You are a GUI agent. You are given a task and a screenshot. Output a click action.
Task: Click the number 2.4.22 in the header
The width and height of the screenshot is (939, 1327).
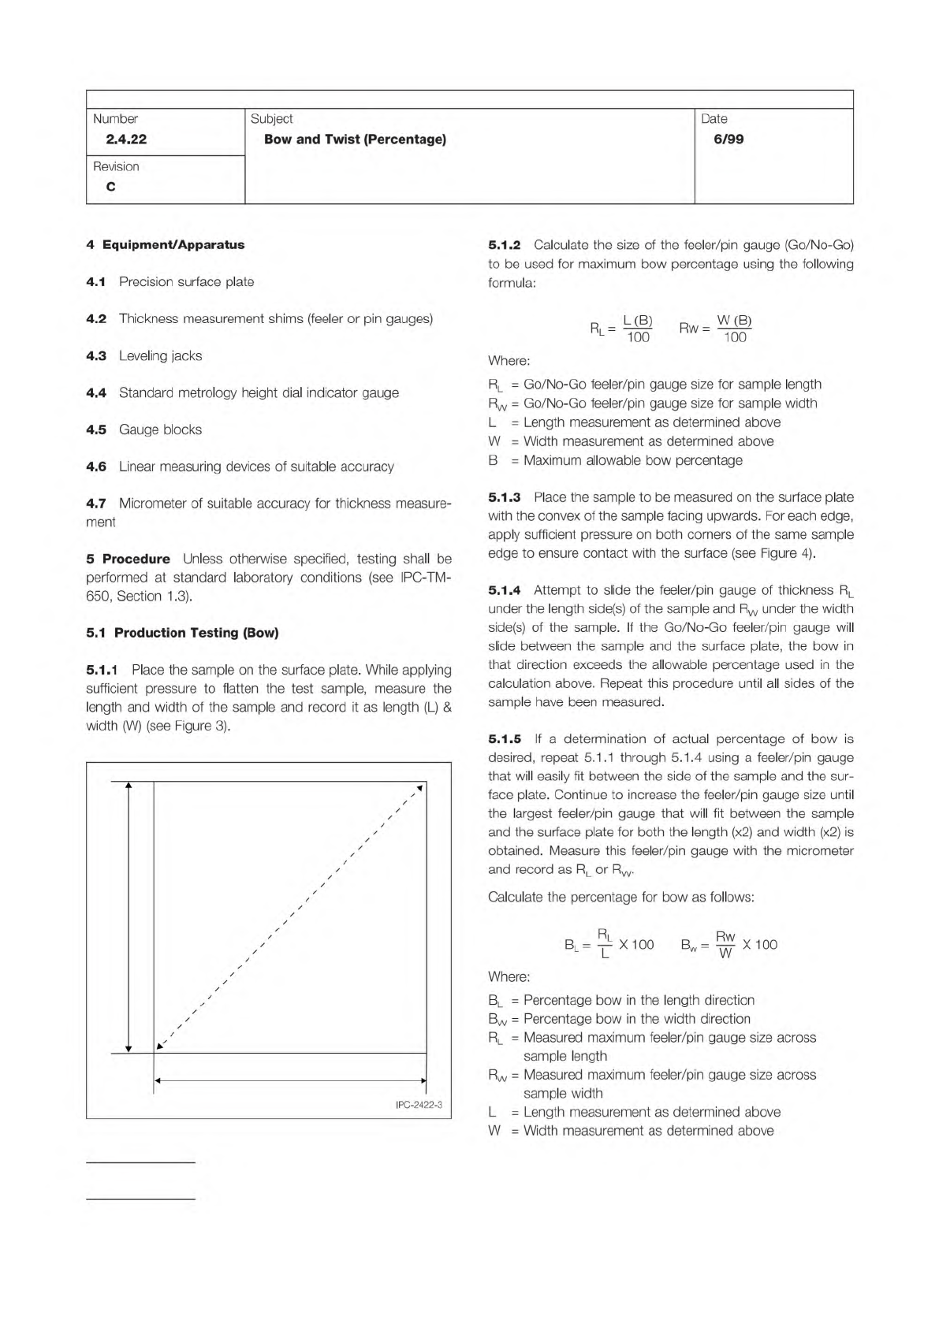(126, 139)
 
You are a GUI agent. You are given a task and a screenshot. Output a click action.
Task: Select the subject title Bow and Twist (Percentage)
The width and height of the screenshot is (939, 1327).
(355, 139)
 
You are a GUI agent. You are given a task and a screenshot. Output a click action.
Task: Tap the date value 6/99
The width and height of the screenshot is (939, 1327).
(728, 139)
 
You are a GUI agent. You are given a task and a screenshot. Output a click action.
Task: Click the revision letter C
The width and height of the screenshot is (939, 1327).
(110, 187)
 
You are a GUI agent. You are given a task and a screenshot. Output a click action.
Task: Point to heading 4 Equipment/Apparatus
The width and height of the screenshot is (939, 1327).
(166, 245)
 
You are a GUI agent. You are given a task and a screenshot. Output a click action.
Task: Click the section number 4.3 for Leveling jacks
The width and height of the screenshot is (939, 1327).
(96, 356)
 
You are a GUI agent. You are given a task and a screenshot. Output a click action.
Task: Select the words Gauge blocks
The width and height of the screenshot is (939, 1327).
(160, 430)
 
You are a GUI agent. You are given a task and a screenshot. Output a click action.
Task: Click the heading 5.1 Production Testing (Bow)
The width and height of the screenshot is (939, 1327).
(182, 633)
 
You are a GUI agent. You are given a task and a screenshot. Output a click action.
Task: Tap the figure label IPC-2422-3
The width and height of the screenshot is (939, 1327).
(419, 1105)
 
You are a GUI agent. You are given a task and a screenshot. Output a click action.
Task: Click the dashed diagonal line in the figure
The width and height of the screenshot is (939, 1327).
(292, 916)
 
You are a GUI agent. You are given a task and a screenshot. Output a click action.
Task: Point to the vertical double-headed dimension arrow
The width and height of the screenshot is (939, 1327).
(129, 916)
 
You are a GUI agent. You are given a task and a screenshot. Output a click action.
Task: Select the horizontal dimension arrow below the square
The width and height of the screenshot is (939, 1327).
(290, 1081)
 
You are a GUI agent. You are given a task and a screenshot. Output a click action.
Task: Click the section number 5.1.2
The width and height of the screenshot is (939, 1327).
(505, 245)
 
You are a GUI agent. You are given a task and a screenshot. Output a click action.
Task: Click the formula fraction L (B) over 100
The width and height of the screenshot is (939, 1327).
(637, 329)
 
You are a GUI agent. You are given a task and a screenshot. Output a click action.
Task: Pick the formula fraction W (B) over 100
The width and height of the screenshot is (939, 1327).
(734, 329)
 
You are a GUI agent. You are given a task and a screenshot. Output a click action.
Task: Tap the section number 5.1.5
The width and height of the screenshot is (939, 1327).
(505, 739)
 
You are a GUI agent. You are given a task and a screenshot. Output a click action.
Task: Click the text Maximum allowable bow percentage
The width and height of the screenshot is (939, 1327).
(632, 460)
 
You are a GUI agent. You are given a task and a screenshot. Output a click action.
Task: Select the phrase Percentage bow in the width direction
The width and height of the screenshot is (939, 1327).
(636, 1019)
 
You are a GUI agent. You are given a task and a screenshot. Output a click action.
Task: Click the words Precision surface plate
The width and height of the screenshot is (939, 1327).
(186, 282)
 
